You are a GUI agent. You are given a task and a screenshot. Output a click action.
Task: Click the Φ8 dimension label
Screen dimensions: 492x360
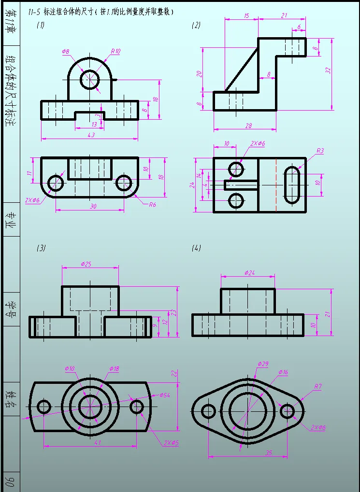pyautogui.click(x=66, y=51)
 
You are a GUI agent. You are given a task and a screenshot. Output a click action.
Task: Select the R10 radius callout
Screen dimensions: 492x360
pyautogui.click(x=115, y=51)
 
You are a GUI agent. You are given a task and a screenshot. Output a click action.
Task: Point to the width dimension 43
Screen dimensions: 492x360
pyautogui.click(x=91, y=135)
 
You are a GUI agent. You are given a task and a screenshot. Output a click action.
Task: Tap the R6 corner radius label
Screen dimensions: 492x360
pyautogui.click(x=152, y=204)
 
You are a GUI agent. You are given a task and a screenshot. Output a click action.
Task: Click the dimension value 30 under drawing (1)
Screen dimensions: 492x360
pyautogui.click(x=93, y=206)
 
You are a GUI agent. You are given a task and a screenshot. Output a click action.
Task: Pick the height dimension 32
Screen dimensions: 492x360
pyautogui.click(x=328, y=70)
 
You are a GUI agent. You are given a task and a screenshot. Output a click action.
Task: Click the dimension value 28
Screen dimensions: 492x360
pyautogui.click(x=248, y=126)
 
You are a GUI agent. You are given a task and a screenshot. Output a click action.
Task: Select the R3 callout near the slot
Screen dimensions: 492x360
pyautogui.click(x=320, y=151)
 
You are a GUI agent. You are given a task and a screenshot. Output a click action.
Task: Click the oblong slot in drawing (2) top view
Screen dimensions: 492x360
pyautogui.click(x=291, y=185)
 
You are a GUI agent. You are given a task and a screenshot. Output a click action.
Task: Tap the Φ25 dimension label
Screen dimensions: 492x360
pyautogui.click(x=86, y=264)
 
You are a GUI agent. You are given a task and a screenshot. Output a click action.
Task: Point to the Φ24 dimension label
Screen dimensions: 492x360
pyautogui.click(x=250, y=273)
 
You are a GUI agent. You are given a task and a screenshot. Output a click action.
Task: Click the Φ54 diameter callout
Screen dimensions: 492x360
pyautogui.click(x=164, y=395)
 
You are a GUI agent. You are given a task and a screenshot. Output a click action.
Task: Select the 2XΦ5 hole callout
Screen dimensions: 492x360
pyautogui.click(x=171, y=442)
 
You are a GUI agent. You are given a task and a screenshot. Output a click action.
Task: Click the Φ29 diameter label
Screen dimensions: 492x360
pyautogui.click(x=263, y=364)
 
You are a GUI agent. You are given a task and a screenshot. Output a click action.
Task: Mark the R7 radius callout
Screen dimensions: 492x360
pyautogui.click(x=317, y=387)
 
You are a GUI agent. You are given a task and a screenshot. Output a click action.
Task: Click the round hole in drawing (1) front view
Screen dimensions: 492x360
pyautogui.click(x=89, y=80)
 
